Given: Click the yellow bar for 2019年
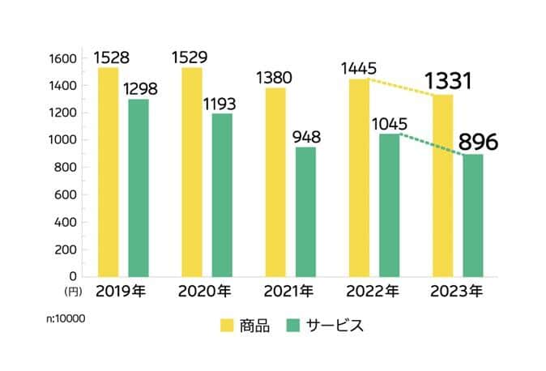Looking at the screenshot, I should click(108, 172).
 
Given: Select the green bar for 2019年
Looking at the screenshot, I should click(138, 188).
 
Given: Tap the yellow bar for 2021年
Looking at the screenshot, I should click(275, 182).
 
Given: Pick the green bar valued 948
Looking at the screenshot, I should click(305, 211).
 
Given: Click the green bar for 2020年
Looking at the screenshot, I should click(222, 195).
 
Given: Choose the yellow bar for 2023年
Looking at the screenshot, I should click(442, 185).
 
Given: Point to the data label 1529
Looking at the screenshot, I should click(192, 58).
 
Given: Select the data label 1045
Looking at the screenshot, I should click(392, 124).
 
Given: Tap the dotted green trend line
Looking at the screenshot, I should click(428, 144).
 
